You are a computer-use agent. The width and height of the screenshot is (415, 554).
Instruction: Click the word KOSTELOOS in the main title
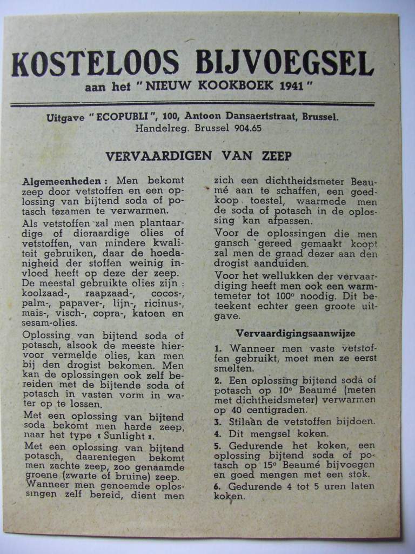(96, 64)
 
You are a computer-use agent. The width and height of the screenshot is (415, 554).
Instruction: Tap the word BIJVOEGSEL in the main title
(284, 64)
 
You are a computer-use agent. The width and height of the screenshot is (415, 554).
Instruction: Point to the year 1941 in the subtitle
(294, 87)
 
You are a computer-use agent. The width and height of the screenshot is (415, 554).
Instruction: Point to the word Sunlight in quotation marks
(124, 437)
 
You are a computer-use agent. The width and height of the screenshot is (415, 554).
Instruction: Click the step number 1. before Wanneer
(218, 349)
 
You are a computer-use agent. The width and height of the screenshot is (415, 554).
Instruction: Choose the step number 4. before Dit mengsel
(217, 433)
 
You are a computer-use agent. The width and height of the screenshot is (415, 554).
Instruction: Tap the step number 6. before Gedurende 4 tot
(217, 486)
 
